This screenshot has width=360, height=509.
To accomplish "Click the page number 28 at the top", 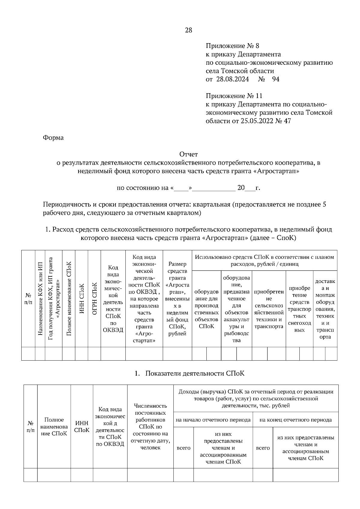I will point(188,30).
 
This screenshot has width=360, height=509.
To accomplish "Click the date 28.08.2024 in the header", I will point(231,79).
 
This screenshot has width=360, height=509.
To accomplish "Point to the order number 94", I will point(275,79).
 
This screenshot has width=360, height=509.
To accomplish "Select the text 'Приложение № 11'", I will point(234,96).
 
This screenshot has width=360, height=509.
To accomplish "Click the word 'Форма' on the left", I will point(53,138).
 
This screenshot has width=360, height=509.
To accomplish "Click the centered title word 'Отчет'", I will point(188,154).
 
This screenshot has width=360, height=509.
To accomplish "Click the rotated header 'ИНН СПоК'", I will point(81,299).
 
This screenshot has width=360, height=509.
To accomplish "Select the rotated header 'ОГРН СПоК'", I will point(94,299).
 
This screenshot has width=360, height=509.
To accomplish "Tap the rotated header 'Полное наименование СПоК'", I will point(69,299).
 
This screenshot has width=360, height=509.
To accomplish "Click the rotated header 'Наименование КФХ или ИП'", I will point(40,299).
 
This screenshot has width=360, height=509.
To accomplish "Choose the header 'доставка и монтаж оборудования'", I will point(325,309).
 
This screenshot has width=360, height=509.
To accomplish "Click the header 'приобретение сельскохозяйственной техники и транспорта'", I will point(269,309).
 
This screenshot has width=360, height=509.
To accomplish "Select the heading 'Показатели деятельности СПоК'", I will point(195,374).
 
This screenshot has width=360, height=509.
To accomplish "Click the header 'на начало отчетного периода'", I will point(213,420).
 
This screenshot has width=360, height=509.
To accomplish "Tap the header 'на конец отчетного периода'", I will point(295,420).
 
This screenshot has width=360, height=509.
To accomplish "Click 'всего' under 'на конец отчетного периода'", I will point(263,448).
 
